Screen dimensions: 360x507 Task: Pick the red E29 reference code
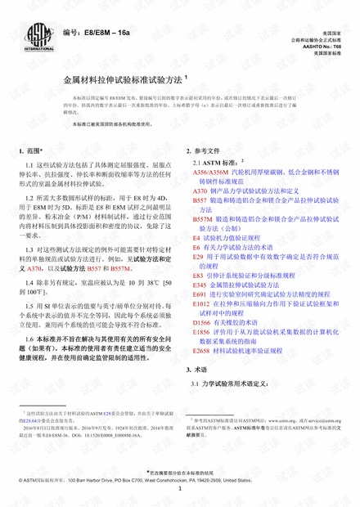click(x=198, y=257)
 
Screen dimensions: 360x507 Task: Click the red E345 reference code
click(x=200, y=306)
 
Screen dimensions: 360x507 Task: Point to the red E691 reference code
click(x=200, y=316)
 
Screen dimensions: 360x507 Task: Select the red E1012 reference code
click(x=202, y=325)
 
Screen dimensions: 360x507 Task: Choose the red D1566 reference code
click(x=202, y=346)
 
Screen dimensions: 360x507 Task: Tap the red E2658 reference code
click(x=202, y=376)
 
